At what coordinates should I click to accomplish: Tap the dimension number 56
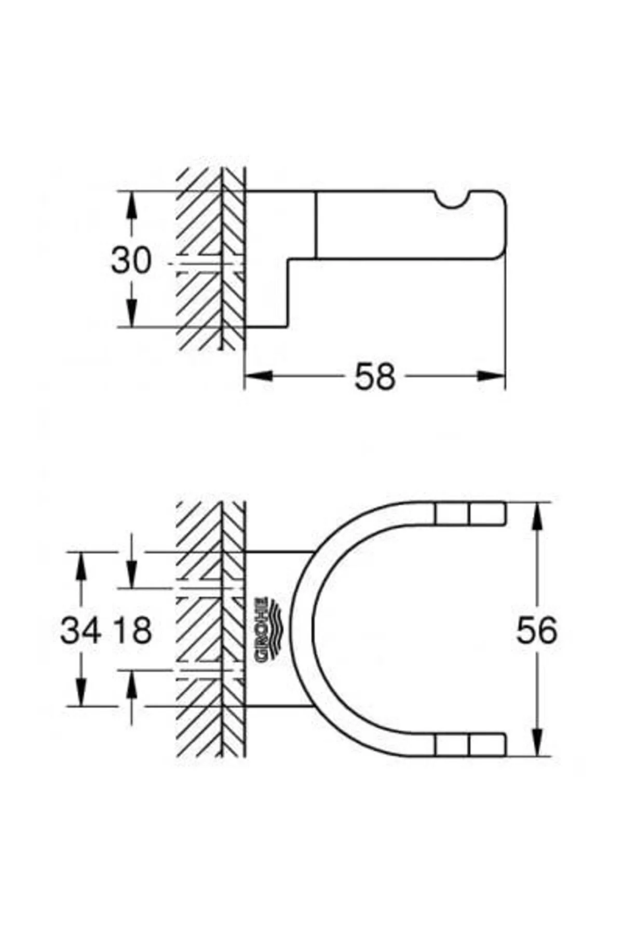[x=536, y=631]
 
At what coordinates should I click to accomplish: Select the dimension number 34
[x=80, y=631]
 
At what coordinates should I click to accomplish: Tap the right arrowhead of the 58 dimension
[x=491, y=375]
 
